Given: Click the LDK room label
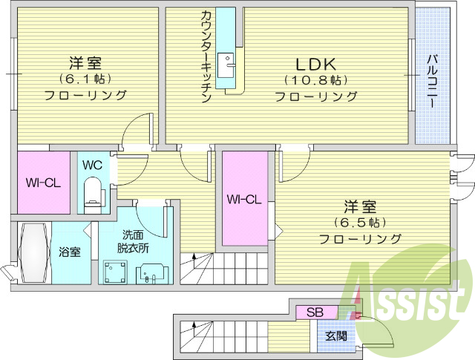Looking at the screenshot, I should tap(317, 64).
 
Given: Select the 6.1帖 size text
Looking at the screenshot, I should tap(85, 77).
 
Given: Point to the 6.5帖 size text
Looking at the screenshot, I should tap(360, 222).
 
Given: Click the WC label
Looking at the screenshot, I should tap(93, 165).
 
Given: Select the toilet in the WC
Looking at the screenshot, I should tap(94, 192).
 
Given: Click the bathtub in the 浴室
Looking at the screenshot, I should tap(33, 252).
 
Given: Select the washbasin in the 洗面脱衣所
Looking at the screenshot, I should tap(151, 272).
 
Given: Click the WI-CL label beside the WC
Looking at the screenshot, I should tap(42, 183).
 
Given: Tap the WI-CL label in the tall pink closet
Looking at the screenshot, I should tap(244, 199).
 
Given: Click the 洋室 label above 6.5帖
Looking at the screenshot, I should tap(360, 206).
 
